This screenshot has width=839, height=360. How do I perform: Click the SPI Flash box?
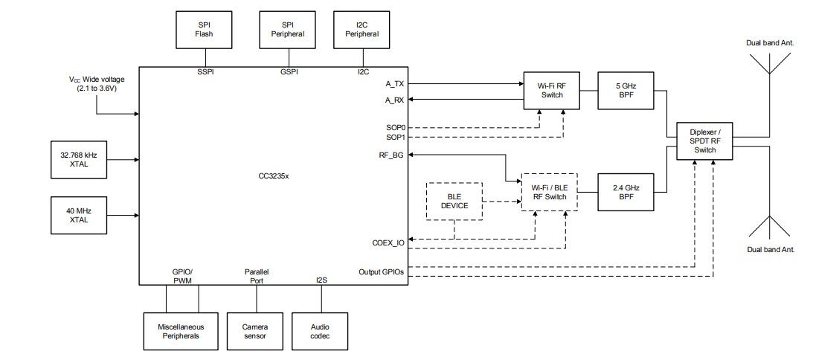coord(204,29)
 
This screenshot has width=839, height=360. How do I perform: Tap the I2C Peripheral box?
coord(362,29)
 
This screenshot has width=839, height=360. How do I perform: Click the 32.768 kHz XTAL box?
coord(79,159)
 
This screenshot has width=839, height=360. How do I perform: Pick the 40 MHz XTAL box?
coord(79,216)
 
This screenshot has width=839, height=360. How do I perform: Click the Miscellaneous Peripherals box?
coord(181,331)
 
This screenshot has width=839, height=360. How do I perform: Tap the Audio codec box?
coord(321,331)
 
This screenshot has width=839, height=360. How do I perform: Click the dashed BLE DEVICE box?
coord(454,201)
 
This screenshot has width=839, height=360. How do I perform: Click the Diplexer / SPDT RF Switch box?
coord(704,141)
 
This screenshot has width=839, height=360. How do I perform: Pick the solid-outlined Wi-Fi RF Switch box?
coord(550,90)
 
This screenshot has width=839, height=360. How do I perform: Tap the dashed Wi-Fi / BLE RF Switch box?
coord(550,191)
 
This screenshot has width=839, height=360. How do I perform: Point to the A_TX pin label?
coord(395,83)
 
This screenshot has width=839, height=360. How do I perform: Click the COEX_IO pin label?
coord(388,242)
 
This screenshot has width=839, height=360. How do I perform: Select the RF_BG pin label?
coord(391,155)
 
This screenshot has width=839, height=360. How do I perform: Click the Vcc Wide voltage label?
coord(97,83)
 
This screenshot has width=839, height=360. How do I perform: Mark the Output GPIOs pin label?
coord(381,271)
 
